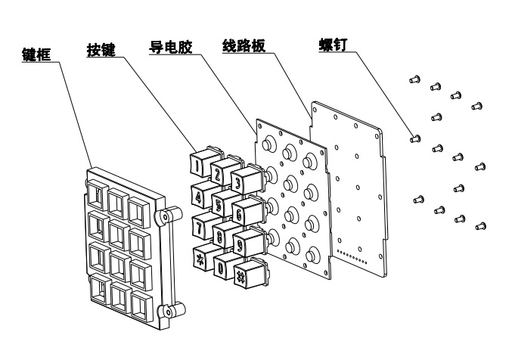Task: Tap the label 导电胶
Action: (169, 46)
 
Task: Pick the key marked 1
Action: (197, 162)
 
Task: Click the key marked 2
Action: (219, 175)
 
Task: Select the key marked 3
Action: (238, 184)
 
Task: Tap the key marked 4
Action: (199, 197)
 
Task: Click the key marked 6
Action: (240, 215)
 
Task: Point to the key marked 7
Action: (200, 225)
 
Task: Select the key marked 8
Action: (220, 236)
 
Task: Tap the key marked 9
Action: (240, 245)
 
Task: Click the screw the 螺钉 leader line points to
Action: (414, 138)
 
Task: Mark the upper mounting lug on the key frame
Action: (162, 217)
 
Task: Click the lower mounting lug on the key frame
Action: (163, 311)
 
